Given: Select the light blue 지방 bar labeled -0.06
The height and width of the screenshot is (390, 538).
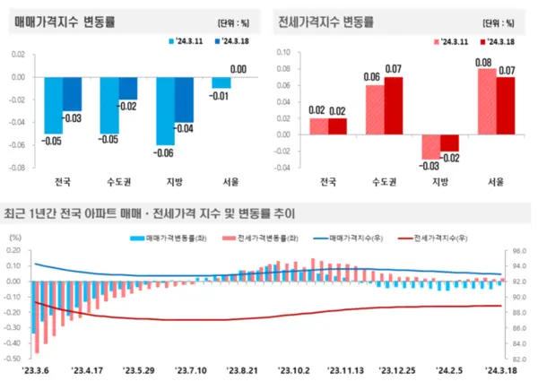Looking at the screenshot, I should pos(164,111).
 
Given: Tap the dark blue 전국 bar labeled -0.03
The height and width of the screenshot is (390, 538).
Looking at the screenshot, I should pos(73,94).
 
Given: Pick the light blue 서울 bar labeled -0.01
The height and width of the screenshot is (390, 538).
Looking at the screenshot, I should pos(221,82).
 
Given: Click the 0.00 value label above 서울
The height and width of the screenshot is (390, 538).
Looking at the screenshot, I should pos(239,69).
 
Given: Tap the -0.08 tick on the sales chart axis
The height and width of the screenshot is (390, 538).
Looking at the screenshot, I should pos(17,168).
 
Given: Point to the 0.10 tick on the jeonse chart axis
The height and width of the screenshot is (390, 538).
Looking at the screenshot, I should pos(284,52).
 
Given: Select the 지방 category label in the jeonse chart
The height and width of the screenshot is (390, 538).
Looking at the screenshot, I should pos(439,182).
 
